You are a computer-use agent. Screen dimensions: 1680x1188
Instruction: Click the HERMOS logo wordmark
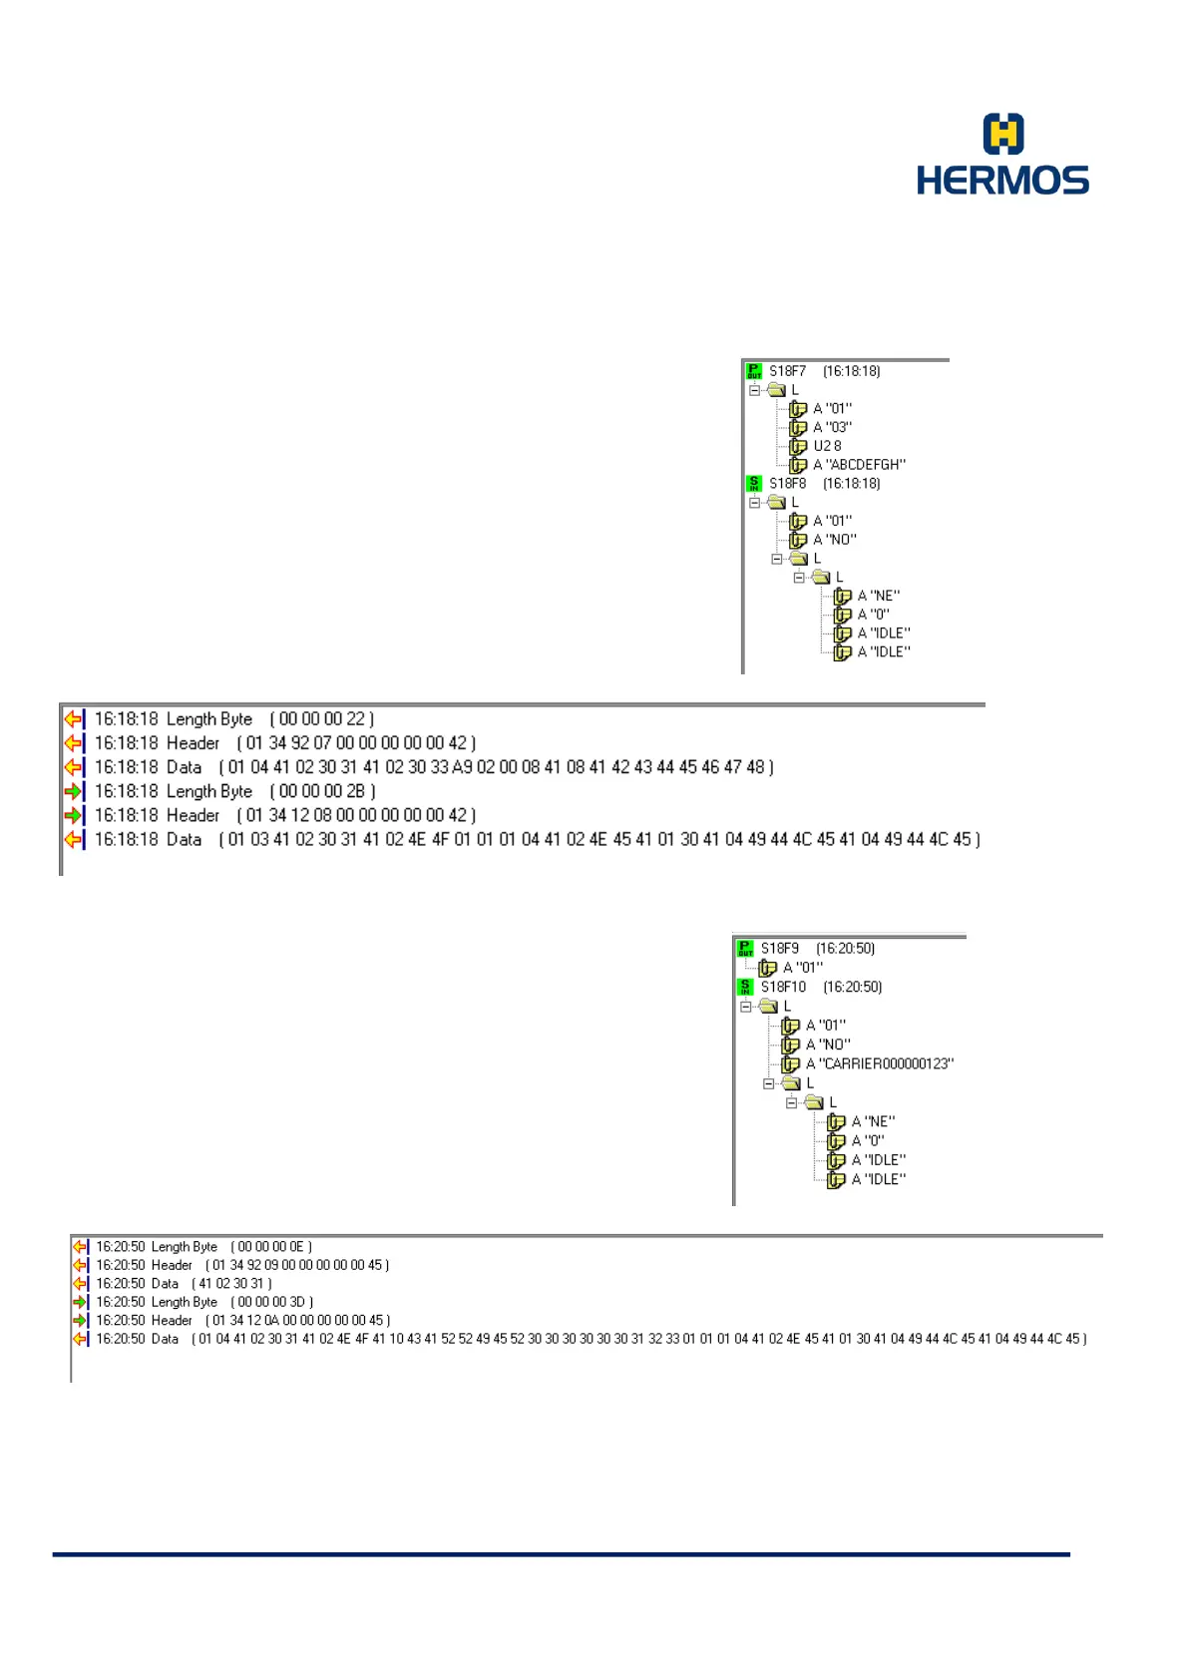(1002, 181)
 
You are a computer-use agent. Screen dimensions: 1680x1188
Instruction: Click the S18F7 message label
(787, 371)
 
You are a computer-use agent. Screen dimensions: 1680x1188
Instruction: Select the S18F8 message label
(787, 484)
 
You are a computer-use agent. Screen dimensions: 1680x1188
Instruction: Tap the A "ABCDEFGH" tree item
(859, 465)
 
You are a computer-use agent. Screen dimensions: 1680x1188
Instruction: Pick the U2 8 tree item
(827, 446)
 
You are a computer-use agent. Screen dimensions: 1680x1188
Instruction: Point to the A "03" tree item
(832, 427)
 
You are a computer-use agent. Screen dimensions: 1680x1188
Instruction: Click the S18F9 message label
(779, 949)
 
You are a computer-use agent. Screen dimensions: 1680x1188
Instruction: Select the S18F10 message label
(783, 988)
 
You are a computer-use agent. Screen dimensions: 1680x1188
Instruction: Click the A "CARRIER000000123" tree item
(879, 1064)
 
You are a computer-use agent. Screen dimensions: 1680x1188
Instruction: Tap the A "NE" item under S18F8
(878, 596)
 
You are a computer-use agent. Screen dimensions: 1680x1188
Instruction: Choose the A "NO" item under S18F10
(828, 1045)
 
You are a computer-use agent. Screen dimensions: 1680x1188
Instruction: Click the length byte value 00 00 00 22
(322, 719)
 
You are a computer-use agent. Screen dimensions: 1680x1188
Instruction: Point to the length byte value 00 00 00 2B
(322, 791)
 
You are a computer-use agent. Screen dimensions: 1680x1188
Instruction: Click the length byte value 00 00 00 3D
(271, 1302)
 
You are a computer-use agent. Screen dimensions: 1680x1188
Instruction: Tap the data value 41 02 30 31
(231, 1284)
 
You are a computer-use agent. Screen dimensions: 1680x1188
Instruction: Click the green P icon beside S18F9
(745, 949)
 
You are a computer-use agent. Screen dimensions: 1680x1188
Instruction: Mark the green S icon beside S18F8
(754, 484)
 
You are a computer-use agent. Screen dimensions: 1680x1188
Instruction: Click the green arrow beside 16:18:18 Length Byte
(73, 791)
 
